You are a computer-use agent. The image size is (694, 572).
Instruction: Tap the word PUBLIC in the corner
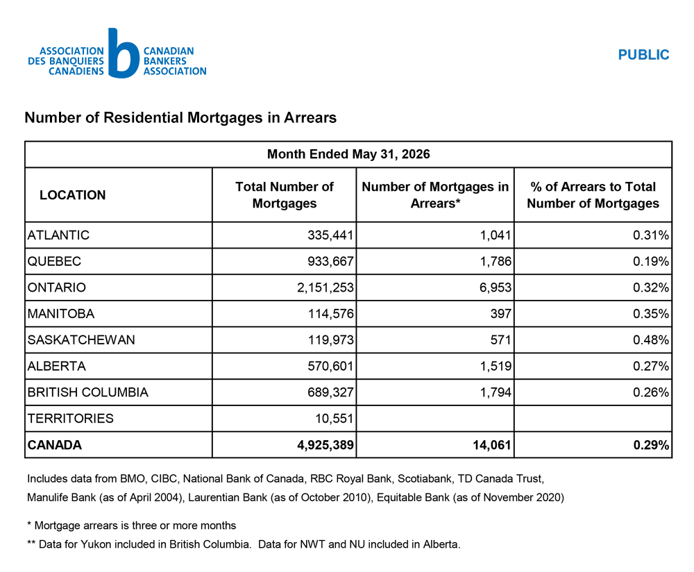(x=643, y=55)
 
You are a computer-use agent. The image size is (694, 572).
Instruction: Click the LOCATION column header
(x=73, y=195)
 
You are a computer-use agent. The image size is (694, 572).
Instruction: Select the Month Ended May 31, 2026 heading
(x=348, y=154)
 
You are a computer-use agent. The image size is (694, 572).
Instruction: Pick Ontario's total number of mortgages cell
(x=325, y=287)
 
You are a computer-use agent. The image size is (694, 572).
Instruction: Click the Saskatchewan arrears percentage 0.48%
(x=651, y=339)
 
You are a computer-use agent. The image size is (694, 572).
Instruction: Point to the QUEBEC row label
(x=54, y=261)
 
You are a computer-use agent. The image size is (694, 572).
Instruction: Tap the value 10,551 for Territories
(x=335, y=419)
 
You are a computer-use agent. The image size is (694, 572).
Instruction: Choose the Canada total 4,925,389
(x=325, y=445)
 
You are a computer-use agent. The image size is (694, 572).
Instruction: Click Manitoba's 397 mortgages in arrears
(x=500, y=314)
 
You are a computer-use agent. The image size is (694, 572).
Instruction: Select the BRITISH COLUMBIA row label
(x=87, y=392)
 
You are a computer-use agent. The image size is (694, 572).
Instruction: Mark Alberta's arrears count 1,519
(x=496, y=366)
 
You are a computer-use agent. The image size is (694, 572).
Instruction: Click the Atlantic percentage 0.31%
(x=651, y=235)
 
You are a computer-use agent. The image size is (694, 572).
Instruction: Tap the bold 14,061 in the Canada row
(x=492, y=445)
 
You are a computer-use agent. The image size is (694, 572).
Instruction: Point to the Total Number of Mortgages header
(x=284, y=195)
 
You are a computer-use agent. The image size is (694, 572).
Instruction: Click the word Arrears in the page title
(x=310, y=118)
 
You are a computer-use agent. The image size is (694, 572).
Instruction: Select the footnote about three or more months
(x=131, y=525)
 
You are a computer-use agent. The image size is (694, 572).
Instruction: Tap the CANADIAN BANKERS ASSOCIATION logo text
(x=175, y=61)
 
